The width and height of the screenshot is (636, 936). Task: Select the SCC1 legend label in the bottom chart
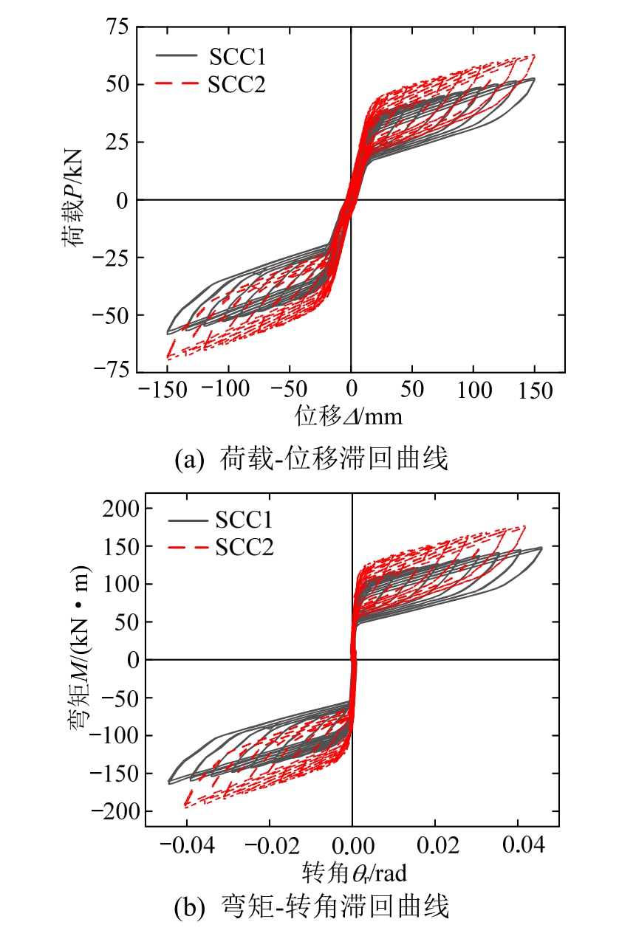click(x=244, y=520)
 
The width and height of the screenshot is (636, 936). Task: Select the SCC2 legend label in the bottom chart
click(x=244, y=548)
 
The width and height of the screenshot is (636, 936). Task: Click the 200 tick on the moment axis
click(x=120, y=508)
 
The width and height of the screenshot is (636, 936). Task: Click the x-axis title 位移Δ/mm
click(x=349, y=416)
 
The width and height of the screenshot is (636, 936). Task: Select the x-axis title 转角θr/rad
click(x=355, y=873)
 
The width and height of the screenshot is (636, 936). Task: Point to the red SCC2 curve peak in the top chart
click(x=533, y=55)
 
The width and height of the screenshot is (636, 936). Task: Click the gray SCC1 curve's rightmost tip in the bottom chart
click(x=542, y=548)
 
